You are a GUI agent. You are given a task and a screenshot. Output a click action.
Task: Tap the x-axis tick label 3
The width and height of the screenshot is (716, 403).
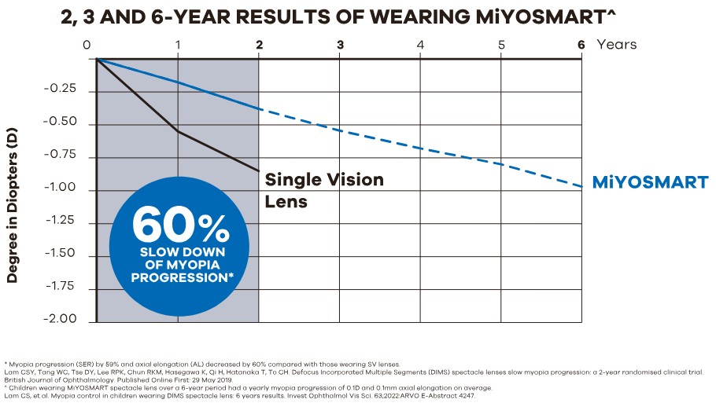(x=340, y=45)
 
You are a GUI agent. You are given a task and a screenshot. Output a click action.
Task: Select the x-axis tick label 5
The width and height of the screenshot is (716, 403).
(x=501, y=45)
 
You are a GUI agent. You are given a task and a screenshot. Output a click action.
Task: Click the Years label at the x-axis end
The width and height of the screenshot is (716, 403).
(x=617, y=45)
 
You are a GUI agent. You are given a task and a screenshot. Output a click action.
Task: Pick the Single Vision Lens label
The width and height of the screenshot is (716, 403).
(x=323, y=190)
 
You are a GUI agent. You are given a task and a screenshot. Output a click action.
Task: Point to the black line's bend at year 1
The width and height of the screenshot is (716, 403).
(x=178, y=131)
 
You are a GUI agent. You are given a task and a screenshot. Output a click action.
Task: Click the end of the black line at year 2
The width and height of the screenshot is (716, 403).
(x=259, y=170)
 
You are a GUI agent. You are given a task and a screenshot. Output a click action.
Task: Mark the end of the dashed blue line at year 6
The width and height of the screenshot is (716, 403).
(x=581, y=186)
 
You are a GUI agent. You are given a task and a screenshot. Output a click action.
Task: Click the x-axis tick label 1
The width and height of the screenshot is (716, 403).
(x=178, y=45)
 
